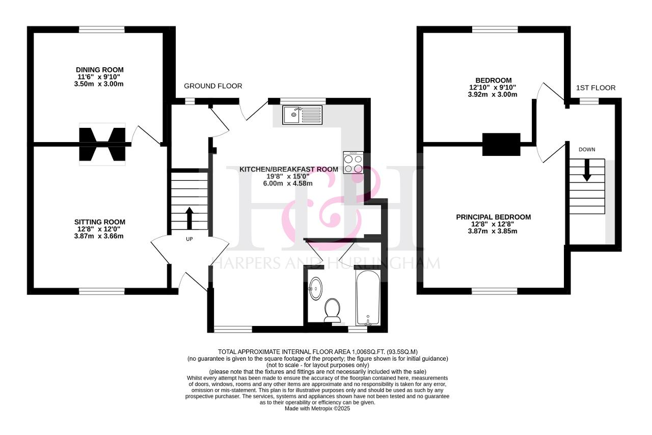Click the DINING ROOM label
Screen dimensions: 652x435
point(99,70)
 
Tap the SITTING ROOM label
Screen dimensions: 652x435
point(99,222)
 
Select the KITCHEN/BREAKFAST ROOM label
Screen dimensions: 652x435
point(289,169)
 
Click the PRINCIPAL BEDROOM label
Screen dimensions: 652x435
point(494,217)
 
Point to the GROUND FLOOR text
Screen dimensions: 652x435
point(213,86)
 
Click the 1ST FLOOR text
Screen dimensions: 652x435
point(596,88)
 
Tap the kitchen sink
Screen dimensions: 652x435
point(302,115)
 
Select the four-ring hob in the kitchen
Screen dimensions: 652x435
point(353,162)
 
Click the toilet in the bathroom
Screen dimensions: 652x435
point(333,310)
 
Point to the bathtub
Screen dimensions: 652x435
point(368,297)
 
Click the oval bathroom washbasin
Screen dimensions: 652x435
point(315,288)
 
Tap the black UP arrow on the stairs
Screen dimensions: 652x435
point(189,218)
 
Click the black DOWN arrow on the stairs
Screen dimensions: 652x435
point(587,170)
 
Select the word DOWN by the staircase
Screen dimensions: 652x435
point(587,149)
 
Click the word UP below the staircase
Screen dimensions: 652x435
point(189,239)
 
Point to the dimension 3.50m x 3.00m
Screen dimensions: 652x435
point(99,84)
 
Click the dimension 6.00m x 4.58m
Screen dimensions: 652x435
point(288,183)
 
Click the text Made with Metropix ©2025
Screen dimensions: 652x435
point(317,409)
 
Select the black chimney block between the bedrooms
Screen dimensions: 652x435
point(501,145)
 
